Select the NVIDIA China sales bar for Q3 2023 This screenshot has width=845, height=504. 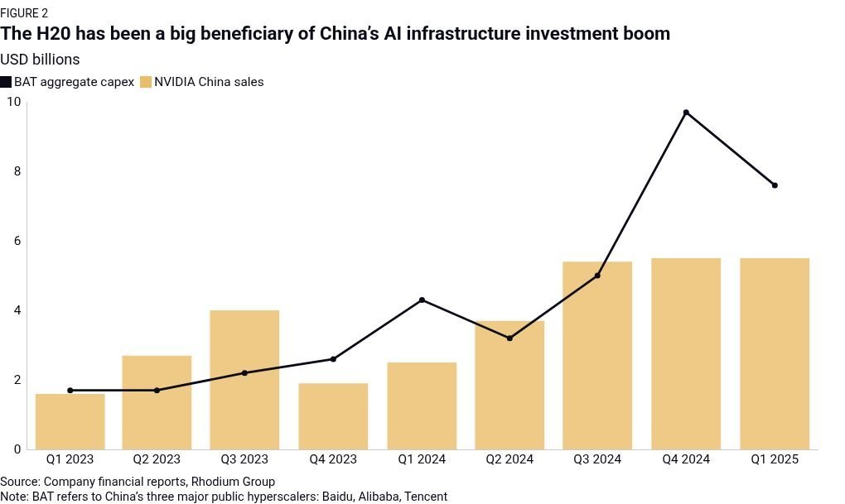[x=244, y=380]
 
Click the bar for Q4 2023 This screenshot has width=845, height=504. [x=333, y=416]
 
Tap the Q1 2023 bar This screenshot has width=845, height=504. [x=70, y=421]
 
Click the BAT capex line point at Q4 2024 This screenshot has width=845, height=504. [x=686, y=113]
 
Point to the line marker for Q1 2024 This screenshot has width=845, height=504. [x=422, y=300]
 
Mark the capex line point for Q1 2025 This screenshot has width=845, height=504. [x=775, y=185]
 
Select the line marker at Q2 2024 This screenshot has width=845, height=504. [x=509, y=338]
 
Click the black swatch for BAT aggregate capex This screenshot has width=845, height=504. [x=6, y=82]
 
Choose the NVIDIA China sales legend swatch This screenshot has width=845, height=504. [x=146, y=82]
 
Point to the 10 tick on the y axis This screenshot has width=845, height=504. [x=13, y=102]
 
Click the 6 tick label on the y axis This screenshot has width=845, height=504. [x=17, y=241]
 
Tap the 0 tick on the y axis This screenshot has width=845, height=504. [x=17, y=449]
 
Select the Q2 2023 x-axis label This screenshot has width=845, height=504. [x=157, y=459]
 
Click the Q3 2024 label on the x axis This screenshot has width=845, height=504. [x=597, y=459]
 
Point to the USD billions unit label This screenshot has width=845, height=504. [x=40, y=60]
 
